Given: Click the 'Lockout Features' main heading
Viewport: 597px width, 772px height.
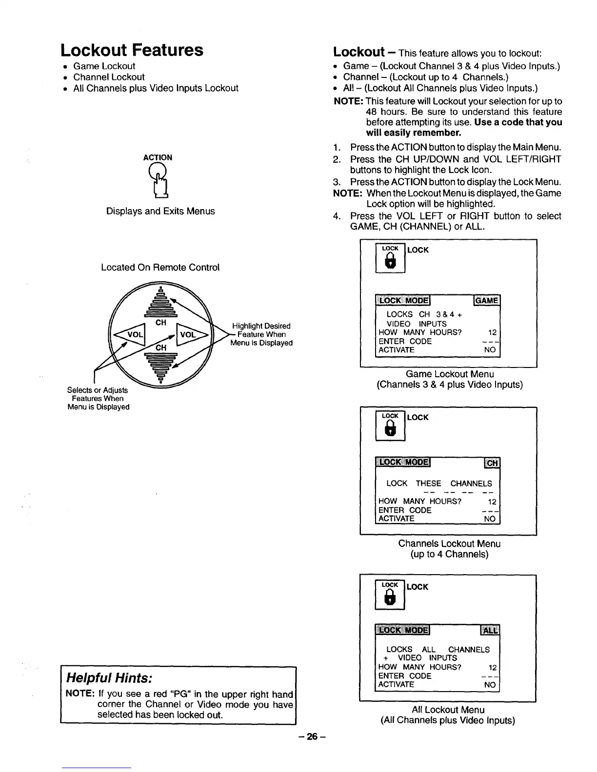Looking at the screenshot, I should [132, 50].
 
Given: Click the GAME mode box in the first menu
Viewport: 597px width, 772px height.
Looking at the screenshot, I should [487, 301].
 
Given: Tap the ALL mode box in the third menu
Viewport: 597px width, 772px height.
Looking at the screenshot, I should [490, 630].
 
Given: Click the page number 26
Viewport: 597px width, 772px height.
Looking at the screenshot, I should [312, 737].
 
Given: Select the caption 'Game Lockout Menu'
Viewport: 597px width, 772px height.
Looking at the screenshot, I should [450, 374].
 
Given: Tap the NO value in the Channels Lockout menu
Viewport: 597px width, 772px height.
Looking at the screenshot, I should [489, 519].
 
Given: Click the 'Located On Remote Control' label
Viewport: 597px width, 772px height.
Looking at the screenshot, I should [160, 268].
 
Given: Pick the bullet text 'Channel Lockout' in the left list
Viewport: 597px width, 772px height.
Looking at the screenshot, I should [109, 77].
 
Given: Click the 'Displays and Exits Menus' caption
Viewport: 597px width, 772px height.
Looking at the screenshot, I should [160, 212].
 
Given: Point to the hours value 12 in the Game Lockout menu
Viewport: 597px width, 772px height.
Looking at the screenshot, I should [492, 333].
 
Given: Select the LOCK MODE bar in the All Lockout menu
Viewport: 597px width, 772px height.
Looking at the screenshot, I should [403, 630].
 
